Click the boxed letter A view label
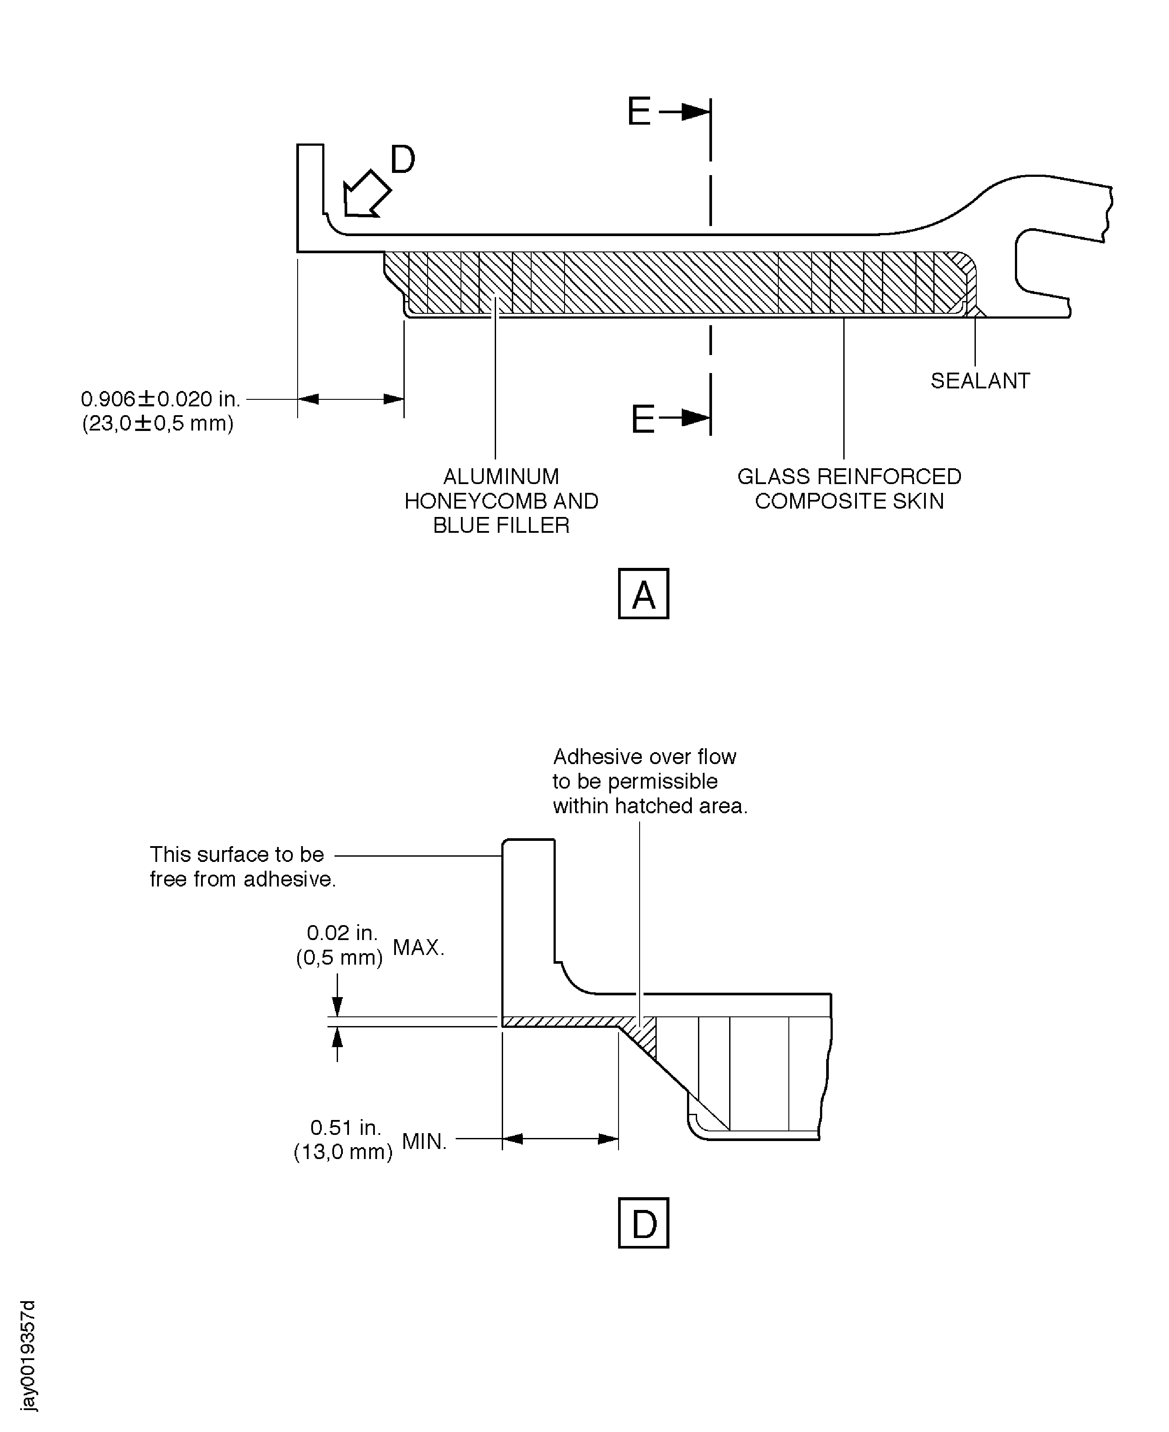click(x=643, y=594)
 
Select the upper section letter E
click(x=638, y=112)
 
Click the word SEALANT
click(x=980, y=381)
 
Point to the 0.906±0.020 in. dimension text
click(x=160, y=399)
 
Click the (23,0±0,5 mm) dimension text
click(x=158, y=423)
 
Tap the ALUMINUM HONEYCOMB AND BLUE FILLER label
click(x=501, y=501)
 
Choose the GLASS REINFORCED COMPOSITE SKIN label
click(x=849, y=489)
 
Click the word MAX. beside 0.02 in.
click(x=418, y=948)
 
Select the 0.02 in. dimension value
click(x=342, y=933)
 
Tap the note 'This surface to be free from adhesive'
click(x=242, y=866)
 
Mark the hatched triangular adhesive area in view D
click(x=643, y=1035)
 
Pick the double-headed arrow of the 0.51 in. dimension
click(x=560, y=1139)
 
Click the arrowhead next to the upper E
click(x=694, y=112)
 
